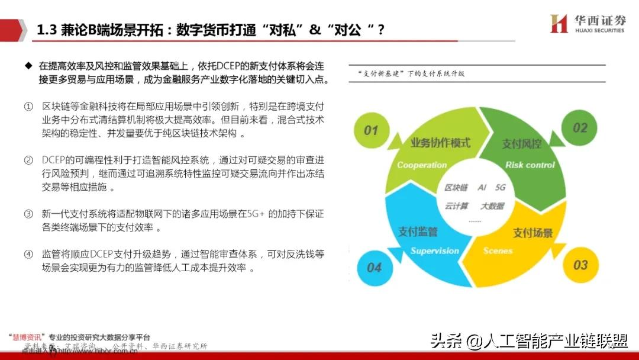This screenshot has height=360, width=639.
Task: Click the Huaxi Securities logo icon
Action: tap(559, 24)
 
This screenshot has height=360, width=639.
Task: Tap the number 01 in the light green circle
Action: tap(371, 130)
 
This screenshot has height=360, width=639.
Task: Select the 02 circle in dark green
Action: tap(580, 127)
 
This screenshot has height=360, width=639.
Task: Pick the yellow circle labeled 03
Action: tap(580, 265)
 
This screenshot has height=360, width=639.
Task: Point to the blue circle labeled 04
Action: tap(374, 268)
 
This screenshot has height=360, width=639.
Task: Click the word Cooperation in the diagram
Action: tap(422, 165)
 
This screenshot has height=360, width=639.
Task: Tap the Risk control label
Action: tap(530, 165)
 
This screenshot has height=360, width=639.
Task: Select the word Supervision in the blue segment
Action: tap(435, 250)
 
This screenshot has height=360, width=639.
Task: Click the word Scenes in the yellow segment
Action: tap(498, 250)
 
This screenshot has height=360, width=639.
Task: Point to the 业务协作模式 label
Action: tap(440, 143)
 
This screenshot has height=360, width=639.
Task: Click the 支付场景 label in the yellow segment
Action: tap(532, 233)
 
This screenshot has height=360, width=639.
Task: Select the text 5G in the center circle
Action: tap(501, 188)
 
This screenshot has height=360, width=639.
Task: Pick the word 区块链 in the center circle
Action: tap(456, 188)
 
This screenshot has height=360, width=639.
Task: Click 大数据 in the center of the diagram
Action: tap(492, 206)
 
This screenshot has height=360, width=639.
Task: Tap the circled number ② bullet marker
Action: tap(28, 160)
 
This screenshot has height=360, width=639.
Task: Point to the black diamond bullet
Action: tap(28, 64)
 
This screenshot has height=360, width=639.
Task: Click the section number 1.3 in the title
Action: tap(47, 30)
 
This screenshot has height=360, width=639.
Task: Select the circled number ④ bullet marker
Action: tap(28, 255)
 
